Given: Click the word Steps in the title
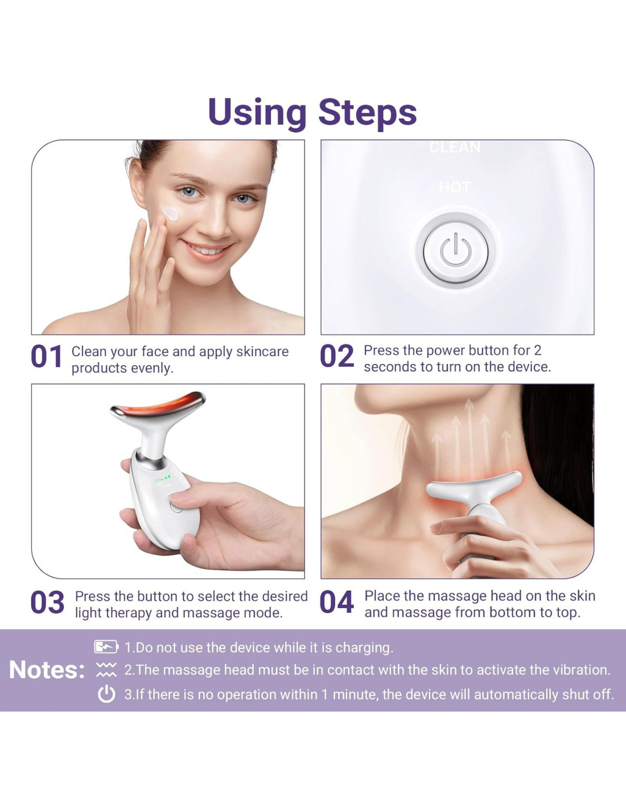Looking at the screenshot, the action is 367,113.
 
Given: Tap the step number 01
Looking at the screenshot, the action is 46,356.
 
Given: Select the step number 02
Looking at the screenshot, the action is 337,356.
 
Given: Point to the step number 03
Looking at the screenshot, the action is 47,602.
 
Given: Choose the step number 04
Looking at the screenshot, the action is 337,602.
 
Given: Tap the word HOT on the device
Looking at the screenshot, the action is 455,187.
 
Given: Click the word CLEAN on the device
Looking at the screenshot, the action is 455,147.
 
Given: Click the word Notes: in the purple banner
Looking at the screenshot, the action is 47,671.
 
